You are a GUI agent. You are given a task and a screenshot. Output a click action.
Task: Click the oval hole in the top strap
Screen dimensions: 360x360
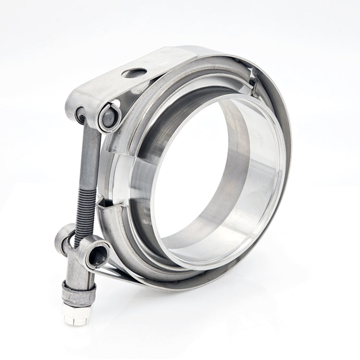pos(134,73)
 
